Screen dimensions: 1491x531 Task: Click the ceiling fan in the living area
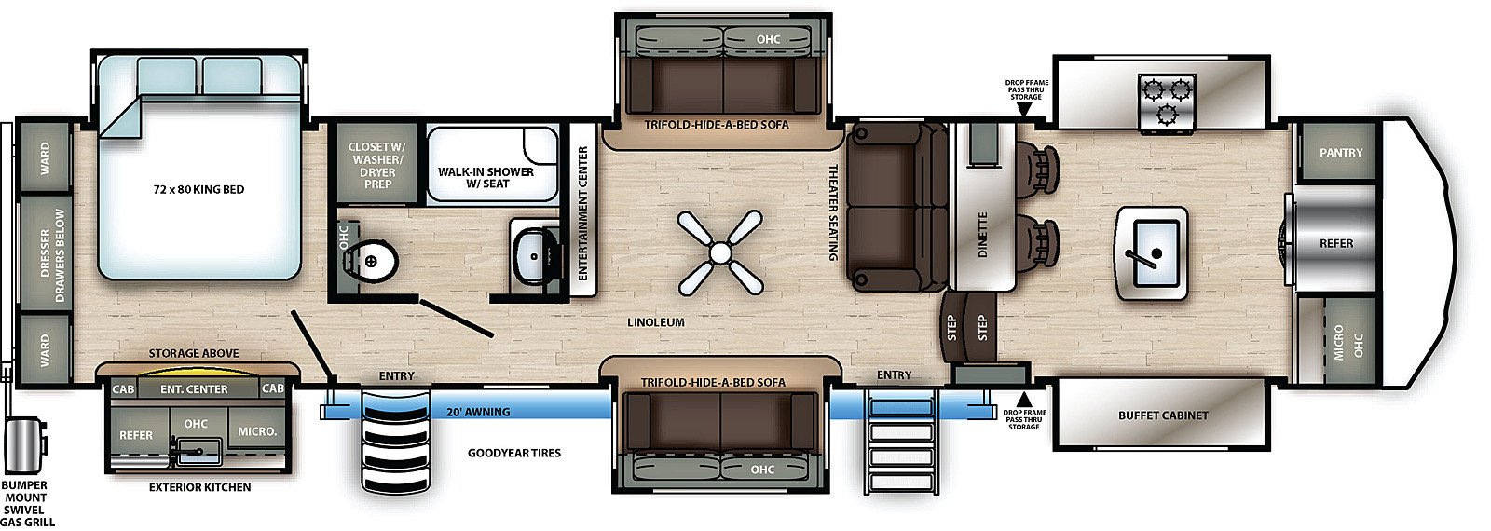click(719, 252)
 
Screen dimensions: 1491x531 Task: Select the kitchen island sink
click(1152, 253)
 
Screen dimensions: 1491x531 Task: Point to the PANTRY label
click(1341, 153)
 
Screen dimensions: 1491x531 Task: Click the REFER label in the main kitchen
click(1336, 243)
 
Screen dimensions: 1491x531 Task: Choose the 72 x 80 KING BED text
click(199, 190)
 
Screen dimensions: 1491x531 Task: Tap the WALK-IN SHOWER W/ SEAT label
click(486, 178)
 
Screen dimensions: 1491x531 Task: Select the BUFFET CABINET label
click(1163, 415)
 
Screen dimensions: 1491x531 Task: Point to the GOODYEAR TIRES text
click(513, 453)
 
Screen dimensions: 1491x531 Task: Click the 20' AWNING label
click(478, 412)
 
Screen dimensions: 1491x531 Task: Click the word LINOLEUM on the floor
click(656, 322)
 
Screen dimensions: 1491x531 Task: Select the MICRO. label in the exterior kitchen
click(257, 432)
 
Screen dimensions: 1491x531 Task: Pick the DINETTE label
click(982, 235)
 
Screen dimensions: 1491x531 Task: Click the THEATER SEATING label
click(833, 212)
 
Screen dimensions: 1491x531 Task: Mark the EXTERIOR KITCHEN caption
click(199, 487)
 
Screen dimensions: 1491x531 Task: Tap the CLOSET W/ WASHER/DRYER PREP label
click(376, 165)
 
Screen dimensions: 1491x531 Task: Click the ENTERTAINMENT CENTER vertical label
click(583, 213)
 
